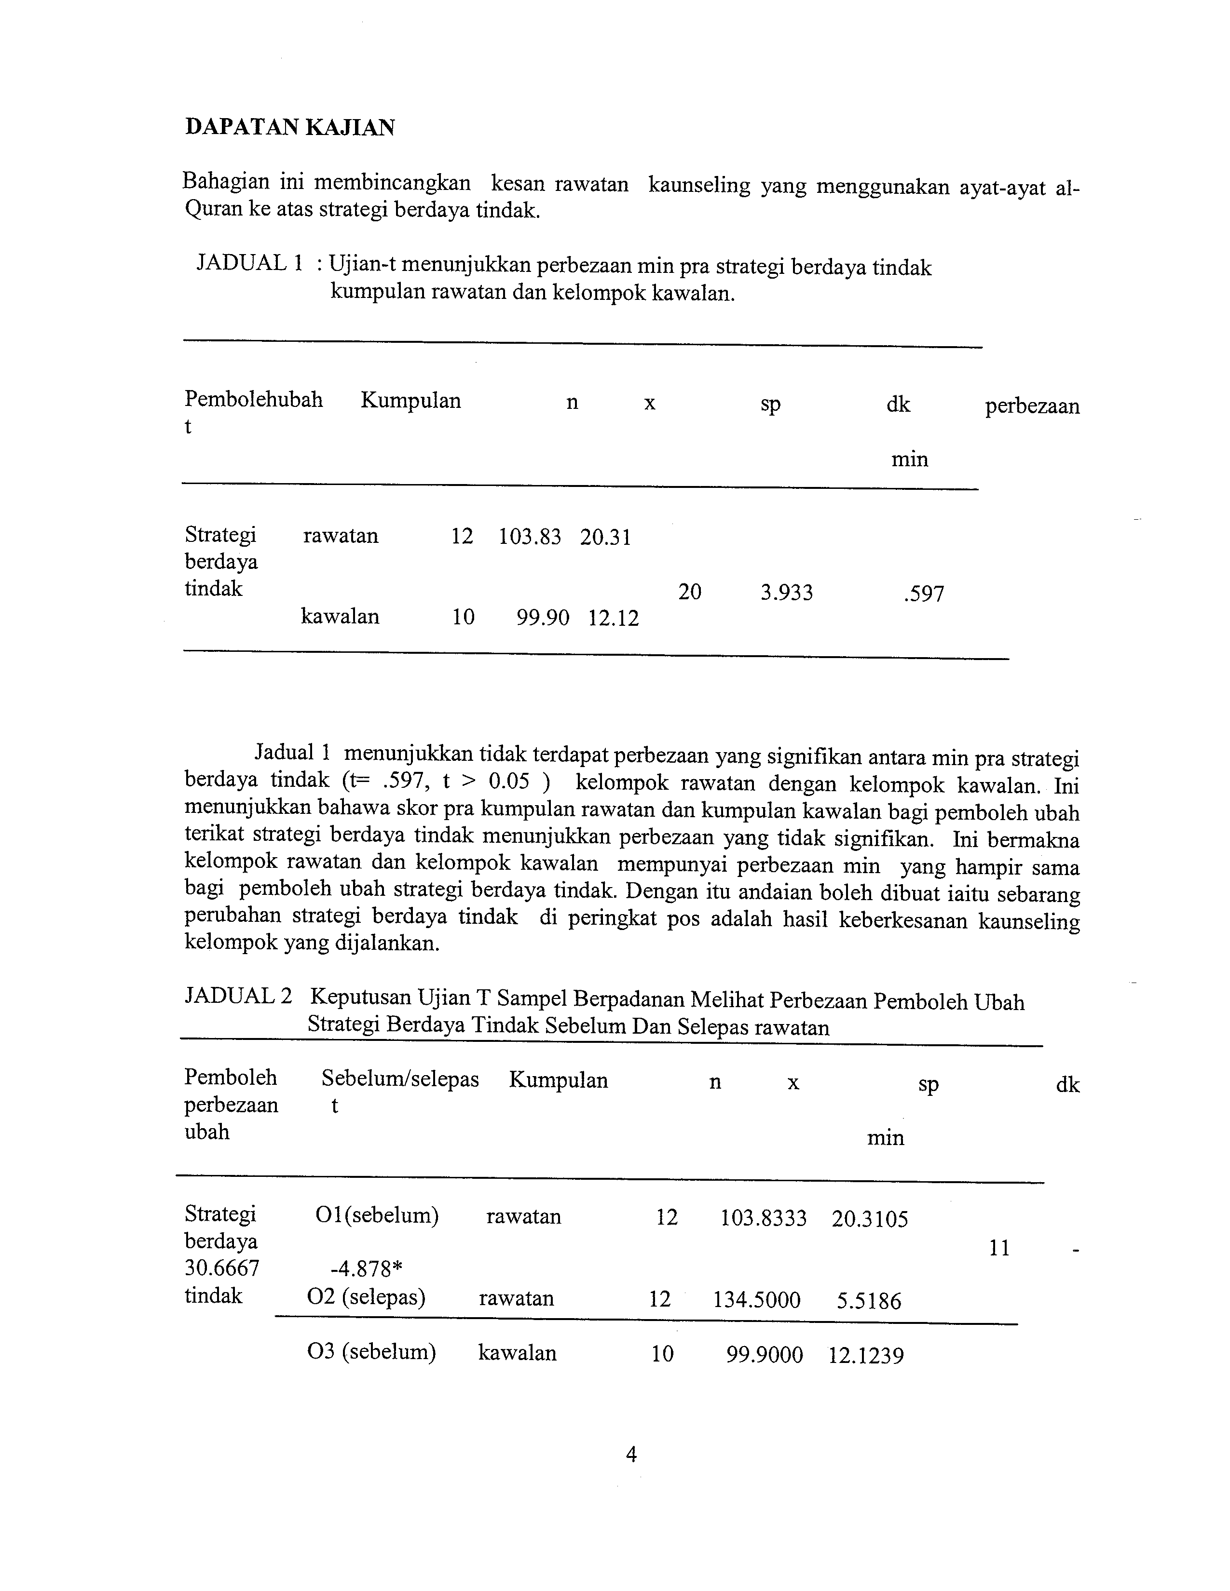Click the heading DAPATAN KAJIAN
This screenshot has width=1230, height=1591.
coord(290,127)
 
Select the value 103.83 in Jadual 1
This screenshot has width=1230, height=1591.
coord(530,538)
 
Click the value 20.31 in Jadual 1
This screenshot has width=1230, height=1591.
coord(605,538)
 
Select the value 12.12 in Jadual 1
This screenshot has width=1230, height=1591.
coord(614,619)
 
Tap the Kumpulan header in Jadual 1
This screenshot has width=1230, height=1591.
coord(410,401)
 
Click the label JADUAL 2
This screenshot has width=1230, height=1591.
coord(238,996)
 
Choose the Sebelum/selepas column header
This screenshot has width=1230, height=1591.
coord(400,1079)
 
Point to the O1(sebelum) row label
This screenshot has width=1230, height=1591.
coord(377,1216)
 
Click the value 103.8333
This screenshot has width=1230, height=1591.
coord(764,1218)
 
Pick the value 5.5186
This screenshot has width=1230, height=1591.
coord(869,1301)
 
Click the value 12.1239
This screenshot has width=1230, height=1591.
coord(866,1356)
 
